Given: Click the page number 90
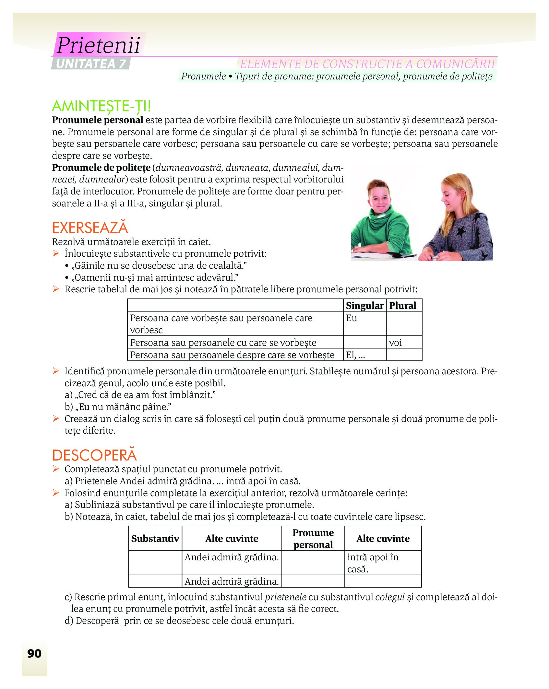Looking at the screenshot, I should [x=34, y=653].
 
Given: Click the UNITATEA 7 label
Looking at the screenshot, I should [x=90, y=64].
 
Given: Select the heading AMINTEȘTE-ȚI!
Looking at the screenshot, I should [x=101, y=106].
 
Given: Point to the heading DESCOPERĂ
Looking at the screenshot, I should [x=94, y=455].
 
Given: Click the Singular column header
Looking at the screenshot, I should [x=364, y=305].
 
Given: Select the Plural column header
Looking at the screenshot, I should [x=403, y=305].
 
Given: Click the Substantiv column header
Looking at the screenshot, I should [x=155, y=539].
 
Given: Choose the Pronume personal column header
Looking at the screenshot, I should [x=313, y=539].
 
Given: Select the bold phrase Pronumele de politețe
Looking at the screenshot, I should [x=101, y=168].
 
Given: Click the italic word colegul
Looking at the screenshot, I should [x=390, y=597].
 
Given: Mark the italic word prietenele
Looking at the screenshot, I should [x=285, y=597].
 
